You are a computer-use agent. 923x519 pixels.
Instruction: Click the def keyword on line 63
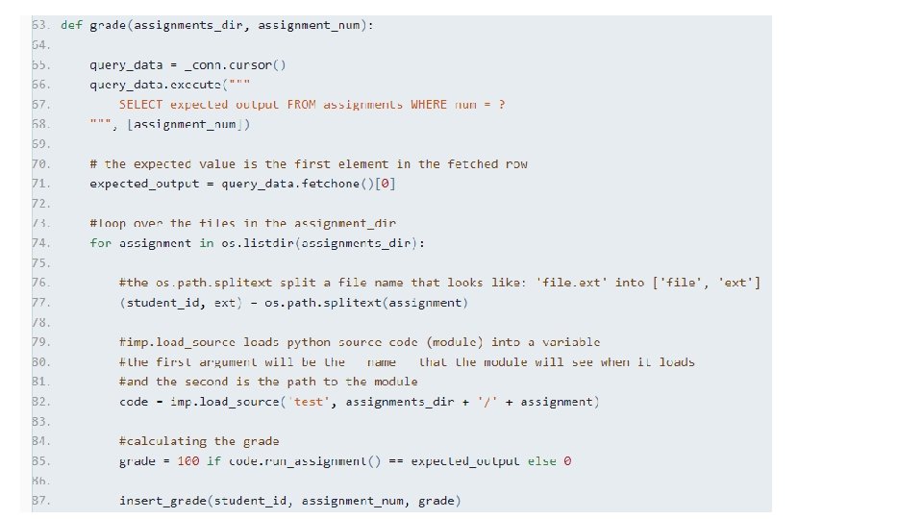click(x=71, y=25)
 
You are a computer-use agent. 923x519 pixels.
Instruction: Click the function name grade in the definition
click(x=107, y=25)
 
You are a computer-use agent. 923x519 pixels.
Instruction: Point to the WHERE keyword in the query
click(x=429, y=104)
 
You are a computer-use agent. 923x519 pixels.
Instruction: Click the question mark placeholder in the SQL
click(x=501, y=104)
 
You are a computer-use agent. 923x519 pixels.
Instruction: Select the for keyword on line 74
click(x=100, y=242)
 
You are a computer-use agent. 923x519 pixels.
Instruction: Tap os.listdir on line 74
click(x=254, y=242)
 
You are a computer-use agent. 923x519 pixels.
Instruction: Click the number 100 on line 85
click(x=187, y=461)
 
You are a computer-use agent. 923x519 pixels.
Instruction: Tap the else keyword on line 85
click(x=541, y=461)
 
